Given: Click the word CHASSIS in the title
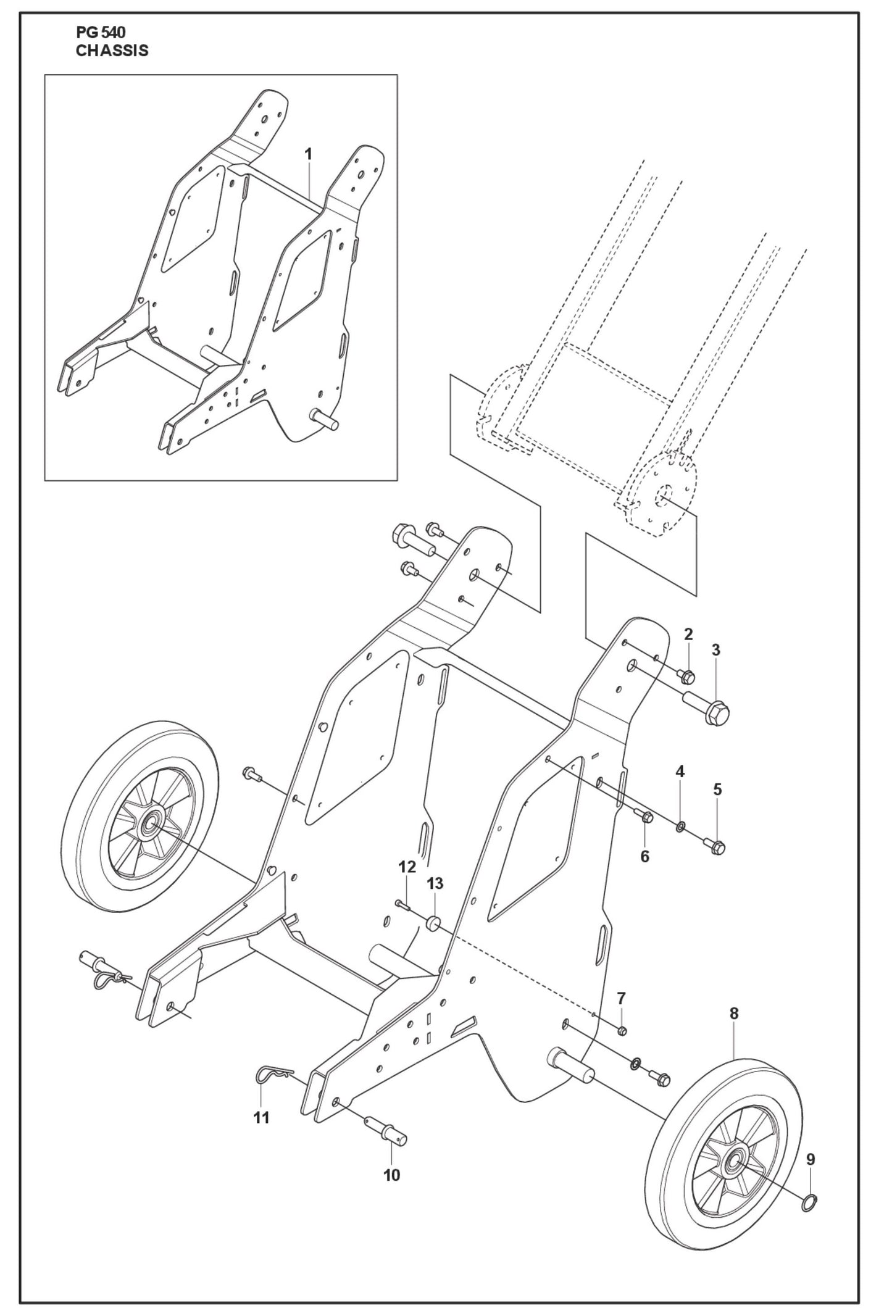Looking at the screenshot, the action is click(112, 51).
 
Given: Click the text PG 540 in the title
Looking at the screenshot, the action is click(101, 34).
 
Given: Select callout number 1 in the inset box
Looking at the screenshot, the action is click(308, 154).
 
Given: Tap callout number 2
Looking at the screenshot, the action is click(688, 634).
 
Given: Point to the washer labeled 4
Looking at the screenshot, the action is click(680, 826).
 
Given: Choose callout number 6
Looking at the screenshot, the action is click(645, 856).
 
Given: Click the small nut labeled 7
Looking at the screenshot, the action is click(622, 1030).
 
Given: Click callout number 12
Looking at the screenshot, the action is click(407, 867).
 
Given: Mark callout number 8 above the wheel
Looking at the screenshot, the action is click(733, 1013).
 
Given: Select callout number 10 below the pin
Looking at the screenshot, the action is click(391, 1175).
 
